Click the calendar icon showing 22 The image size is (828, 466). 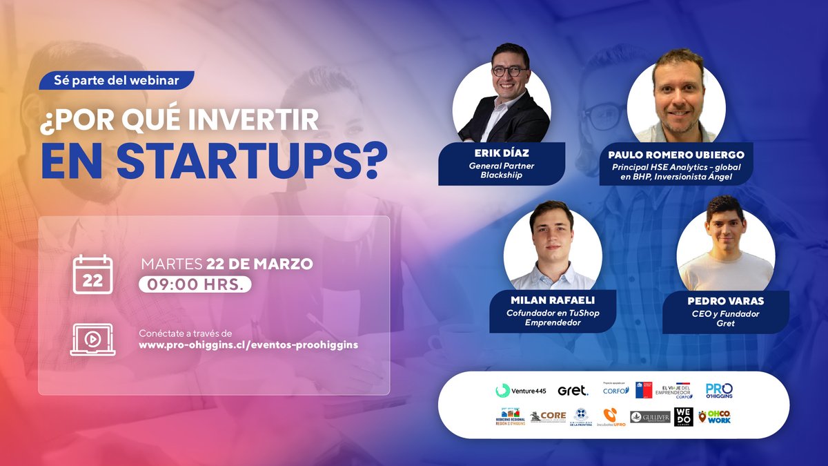pos(92,274)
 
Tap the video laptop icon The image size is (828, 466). pos(92,339)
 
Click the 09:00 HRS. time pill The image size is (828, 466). pos(195,284)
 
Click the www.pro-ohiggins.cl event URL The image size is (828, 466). pos(248,344)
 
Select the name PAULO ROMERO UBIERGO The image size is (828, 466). pos(676,155)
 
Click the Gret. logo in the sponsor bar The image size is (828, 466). pos(573,391)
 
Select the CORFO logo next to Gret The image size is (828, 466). pos(615,390)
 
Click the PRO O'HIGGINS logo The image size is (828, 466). pos(719,390)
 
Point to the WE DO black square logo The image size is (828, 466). pos(683,416)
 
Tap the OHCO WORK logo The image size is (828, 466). pos(714,416)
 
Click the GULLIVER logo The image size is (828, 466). pos(650,417)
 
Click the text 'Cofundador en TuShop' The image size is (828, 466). pos(553,313)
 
